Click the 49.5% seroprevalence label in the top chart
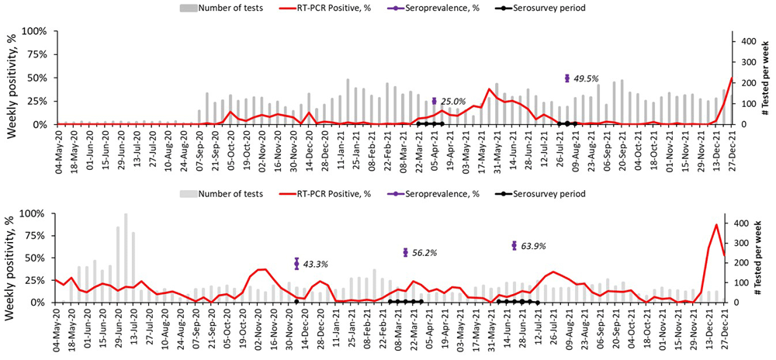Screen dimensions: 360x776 587,79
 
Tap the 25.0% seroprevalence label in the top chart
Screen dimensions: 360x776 453,102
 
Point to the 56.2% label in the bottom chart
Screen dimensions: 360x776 424,253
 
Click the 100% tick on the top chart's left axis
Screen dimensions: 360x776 35,31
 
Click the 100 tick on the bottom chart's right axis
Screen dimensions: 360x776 743,283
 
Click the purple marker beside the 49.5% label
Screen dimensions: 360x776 567,78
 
